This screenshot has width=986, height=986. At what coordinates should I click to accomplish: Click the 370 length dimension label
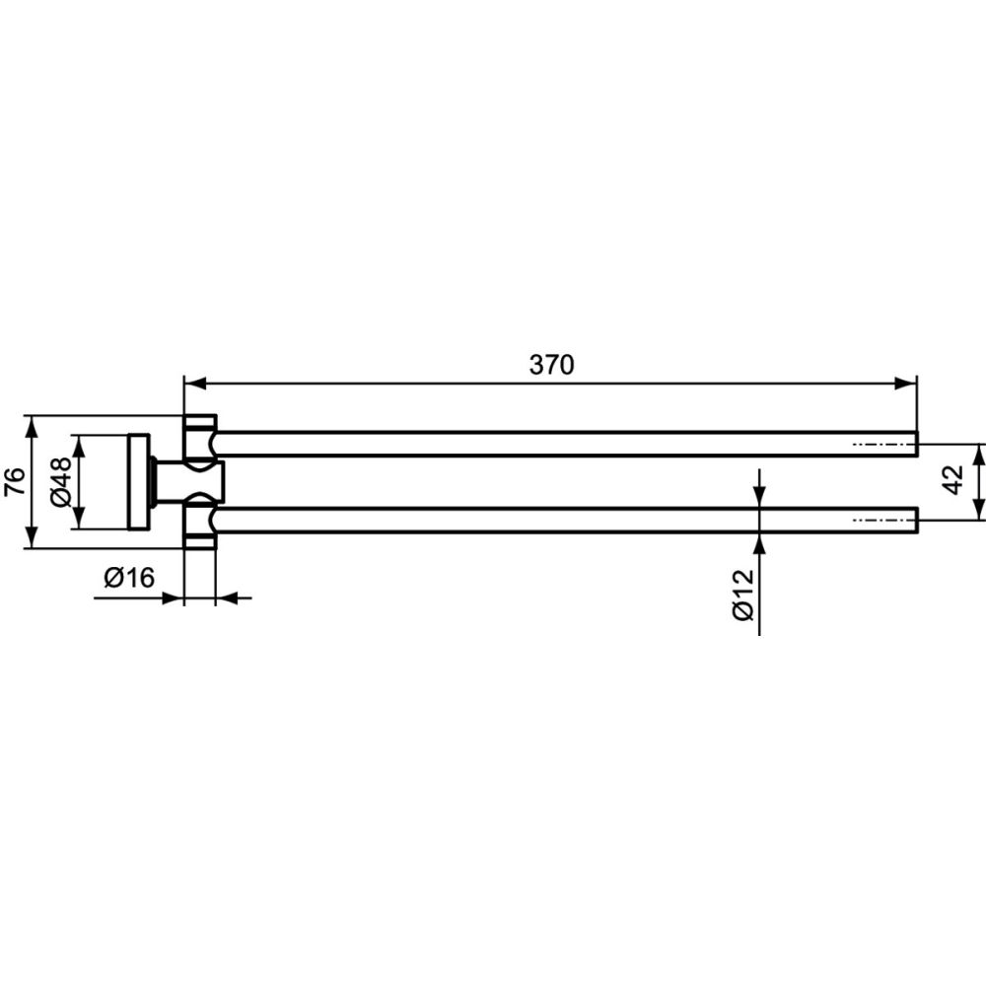tap(551, 365)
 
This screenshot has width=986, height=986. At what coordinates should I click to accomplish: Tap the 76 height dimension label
tap(15, 482)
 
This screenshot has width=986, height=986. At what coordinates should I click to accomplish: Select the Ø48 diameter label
tap(61, 482)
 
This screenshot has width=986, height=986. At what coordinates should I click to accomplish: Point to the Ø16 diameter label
tap(129, 577)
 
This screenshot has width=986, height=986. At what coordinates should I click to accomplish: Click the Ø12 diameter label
tap(743, 595)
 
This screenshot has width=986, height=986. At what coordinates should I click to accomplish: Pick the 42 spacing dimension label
tap(953, 480)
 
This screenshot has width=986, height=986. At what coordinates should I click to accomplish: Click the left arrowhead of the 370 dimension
tap(195, 383)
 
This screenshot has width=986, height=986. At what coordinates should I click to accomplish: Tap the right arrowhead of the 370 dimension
tap(905, 383)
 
